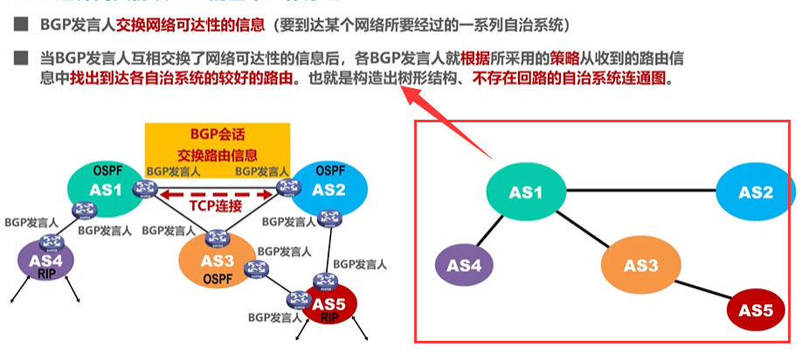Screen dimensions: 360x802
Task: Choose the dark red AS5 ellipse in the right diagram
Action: coord(755,310)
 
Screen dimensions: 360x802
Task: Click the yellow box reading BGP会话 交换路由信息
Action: coord(217,142)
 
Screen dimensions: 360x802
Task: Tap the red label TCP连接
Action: coord(215,206)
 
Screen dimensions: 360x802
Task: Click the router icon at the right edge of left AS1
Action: coord(142,188)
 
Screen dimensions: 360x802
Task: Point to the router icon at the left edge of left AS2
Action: coord(284,187)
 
